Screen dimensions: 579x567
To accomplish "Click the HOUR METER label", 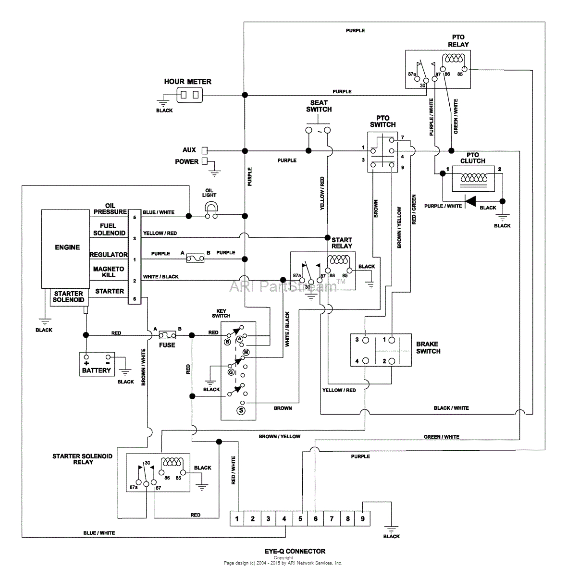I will tap(187, 82).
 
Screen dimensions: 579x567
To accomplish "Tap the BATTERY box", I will tap(97, 364).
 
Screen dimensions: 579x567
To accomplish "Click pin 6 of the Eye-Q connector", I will tap(316, 519).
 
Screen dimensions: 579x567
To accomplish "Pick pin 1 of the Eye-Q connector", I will tap(237, 519).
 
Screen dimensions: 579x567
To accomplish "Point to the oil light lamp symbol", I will tap(211, 207).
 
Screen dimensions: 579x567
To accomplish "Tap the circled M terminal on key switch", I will tap(246, 352).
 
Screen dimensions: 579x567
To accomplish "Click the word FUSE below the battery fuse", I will tap(167, 345).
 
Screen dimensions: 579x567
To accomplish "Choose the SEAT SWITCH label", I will tap(319, 106).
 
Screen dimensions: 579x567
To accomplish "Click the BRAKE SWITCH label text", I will tap(428, 347).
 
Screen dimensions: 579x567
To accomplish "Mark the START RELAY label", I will tap(342, 243).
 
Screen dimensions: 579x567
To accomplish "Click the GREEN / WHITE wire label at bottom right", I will tap(441, 437).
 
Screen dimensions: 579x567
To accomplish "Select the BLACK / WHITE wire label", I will tap(451, 408).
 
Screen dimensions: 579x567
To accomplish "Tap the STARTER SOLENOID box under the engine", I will tap(69, 297).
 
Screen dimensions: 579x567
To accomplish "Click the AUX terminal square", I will tap(204, 150).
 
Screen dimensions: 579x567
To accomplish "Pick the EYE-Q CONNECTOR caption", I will tap(295, 551).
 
